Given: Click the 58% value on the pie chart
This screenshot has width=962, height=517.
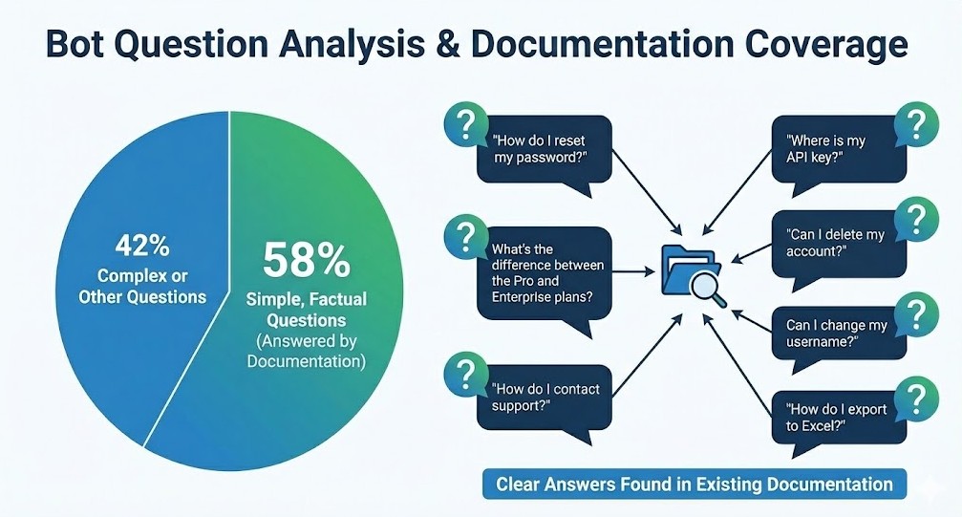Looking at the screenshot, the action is pos(306,260).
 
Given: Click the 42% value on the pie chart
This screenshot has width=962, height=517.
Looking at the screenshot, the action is pos(142,247).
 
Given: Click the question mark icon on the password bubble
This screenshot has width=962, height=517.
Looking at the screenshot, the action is pos(466,124).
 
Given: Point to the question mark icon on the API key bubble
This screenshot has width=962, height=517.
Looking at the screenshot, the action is pos(916,124).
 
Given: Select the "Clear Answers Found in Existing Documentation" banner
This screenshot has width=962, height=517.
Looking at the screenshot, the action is pos(695,484).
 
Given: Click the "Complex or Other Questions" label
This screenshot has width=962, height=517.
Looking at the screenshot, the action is pos(142,286).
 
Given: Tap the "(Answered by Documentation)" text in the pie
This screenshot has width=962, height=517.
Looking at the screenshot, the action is pos(306,351).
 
